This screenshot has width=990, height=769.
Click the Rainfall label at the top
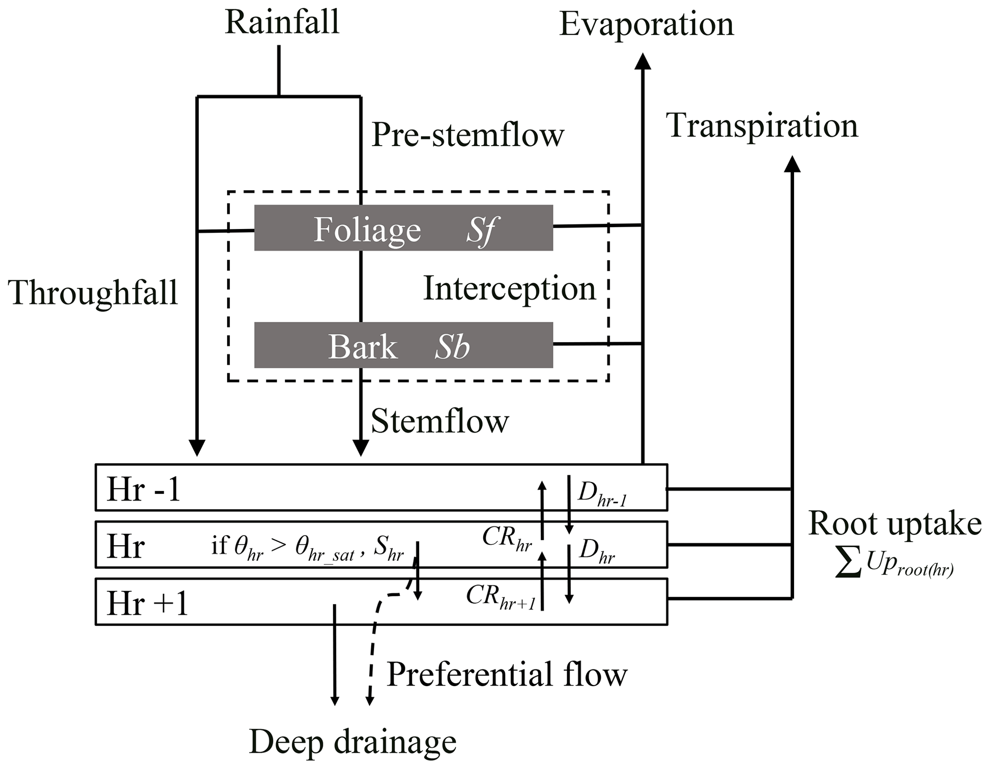tap(282, 23)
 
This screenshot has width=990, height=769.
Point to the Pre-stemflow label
tap(468, 135)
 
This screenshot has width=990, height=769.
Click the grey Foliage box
tap(403, 228)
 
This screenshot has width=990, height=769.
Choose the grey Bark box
tap(403, 345)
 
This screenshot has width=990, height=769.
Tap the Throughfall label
tap(93, 292)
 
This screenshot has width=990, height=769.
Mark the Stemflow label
tap(440, 422)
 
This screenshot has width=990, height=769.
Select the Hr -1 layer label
tap(143, 490)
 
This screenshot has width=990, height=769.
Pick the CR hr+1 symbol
tap(501, 597)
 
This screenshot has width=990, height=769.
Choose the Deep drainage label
tap(353, 742)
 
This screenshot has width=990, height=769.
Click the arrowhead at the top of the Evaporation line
tap(643, 62)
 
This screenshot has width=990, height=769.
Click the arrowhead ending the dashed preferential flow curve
tap(369, 700)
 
